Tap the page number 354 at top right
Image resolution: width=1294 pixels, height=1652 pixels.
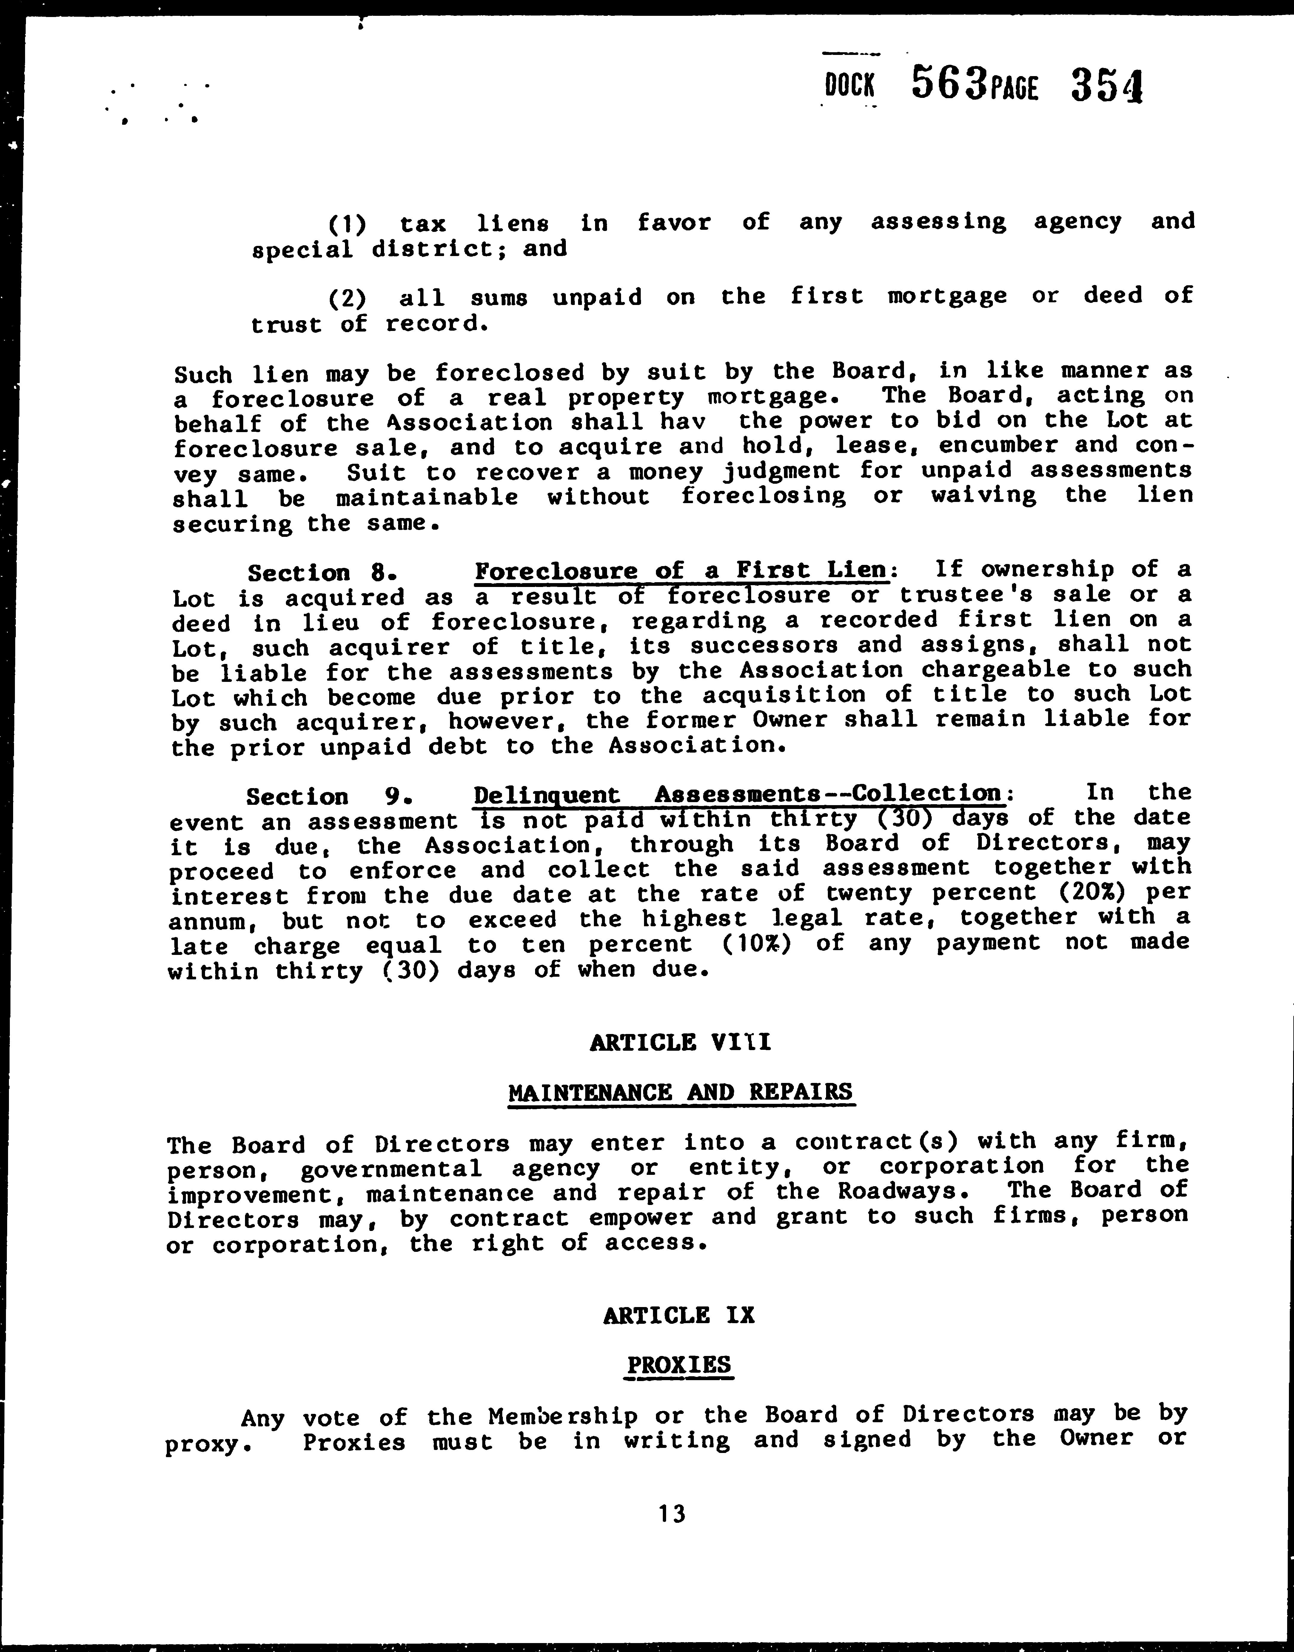[1106, 86]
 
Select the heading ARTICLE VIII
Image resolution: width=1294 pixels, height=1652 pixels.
[680, 1042]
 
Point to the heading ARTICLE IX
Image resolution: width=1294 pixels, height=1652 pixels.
[679, 1315]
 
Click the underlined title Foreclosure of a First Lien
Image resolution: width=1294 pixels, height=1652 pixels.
[680, 570]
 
